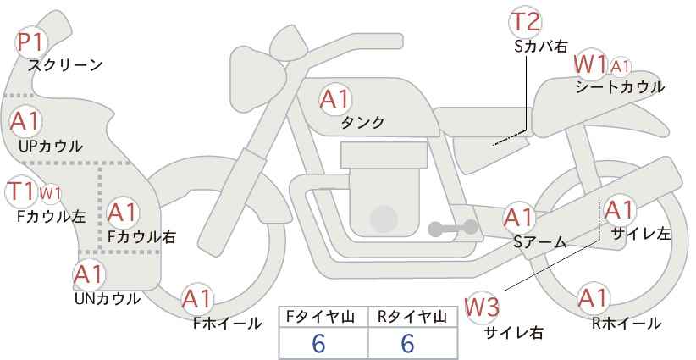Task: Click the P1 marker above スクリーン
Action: tap(31, 42)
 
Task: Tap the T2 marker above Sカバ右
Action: tap(525, 22)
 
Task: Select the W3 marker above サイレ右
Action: tap(482, 307)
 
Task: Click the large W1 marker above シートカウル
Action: tap(590, 65)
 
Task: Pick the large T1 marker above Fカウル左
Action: tap(21, 191)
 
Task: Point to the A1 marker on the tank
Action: tap(335, 99)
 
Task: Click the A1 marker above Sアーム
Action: tap(519, 218)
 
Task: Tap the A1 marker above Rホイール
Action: tap(593, 298)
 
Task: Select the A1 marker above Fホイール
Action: tap(197, 299)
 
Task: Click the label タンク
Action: tap(362, 123)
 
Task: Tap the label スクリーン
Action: tap(65, 65)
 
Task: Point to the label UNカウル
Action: tap(107, 299)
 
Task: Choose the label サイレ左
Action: tap(640, 234)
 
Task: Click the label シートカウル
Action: tap(620, 87)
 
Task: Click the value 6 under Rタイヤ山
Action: tap(407, 343)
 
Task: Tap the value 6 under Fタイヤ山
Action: tap(318, 343)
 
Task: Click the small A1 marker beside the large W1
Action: tap(620, 67)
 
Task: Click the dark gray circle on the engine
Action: tap(384, 219)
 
